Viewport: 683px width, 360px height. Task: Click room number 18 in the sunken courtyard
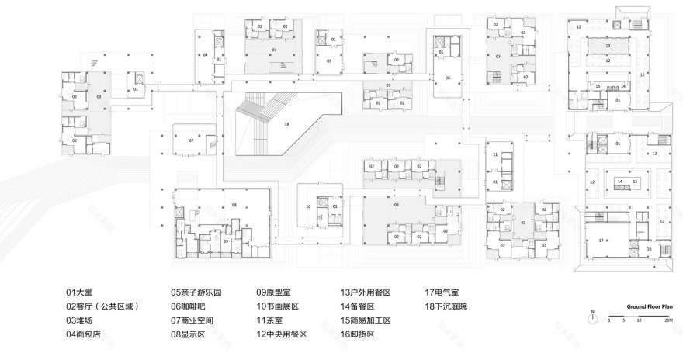pos(286,123)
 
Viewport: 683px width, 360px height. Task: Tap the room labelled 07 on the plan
pos(190,140)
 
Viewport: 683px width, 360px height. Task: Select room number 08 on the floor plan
pos(234,205)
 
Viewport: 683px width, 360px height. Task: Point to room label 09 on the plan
pos(226,241)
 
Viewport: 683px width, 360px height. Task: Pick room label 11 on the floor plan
pos(494,155)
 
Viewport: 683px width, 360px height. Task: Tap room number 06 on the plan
pos(447,78)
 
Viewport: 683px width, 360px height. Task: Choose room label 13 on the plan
pos(609,47)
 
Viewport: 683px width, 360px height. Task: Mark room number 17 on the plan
pos(602,241)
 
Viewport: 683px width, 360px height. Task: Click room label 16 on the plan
pos(648,248)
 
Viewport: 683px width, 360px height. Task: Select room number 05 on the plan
pos(329,60)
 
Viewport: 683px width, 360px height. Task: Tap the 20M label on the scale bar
pos(667,320)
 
